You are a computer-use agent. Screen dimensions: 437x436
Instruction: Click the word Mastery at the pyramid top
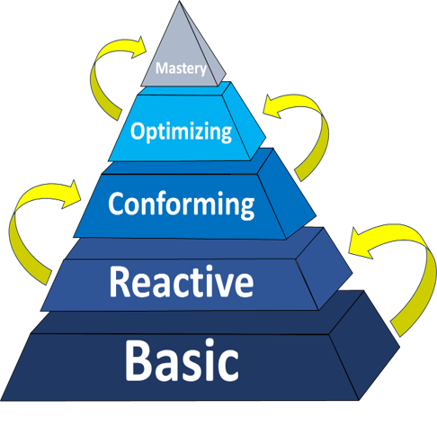pyautogui.click(x=181, y=69)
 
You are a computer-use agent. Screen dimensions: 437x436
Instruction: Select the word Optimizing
pyautogui.click(x=181, y=132)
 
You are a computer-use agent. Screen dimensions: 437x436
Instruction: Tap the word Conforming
pyautogui.click(x=182, y=204)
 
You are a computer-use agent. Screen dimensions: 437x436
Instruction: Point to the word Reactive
pyautogui.click(x=182, y=282)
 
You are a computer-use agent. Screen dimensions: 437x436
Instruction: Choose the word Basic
pyautogui.click(x=182, y=360)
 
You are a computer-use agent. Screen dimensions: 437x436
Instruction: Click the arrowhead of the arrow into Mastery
pyautogui.click(x=138, y=47)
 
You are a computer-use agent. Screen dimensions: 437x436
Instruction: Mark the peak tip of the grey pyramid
pyautogui.click(x=180, y=1)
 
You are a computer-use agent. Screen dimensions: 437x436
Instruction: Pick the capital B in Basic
pyautogui.click(x=138, y=360)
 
